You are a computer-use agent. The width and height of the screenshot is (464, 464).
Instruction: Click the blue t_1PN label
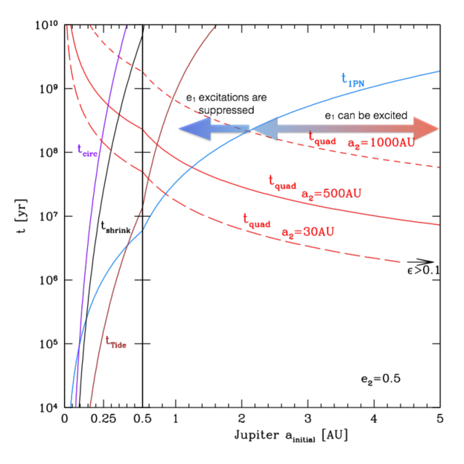(352, 80)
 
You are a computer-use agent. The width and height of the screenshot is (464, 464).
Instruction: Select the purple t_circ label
(86, 150)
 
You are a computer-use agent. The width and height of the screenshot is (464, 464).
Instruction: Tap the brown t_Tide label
(115, 342)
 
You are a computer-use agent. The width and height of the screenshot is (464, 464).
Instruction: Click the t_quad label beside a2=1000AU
(322, 139)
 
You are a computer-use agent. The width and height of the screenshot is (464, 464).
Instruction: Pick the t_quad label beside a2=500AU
(282, 182)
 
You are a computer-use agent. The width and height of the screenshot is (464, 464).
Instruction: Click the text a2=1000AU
(381, 142)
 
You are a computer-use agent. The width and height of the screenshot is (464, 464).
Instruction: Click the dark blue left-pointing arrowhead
(192, 129)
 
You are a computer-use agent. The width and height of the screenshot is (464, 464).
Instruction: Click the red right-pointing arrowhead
(426, 128)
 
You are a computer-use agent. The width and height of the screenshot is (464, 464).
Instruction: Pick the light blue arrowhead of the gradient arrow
(264, 129)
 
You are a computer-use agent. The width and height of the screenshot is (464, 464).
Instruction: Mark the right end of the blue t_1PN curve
(439, 71)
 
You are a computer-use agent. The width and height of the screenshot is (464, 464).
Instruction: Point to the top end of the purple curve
(126, 26)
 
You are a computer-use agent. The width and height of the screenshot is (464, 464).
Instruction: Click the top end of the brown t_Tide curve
(216, 26)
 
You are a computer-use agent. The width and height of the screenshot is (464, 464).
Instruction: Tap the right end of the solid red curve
(439, 224)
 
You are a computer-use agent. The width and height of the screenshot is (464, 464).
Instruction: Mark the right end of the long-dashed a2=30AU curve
(401, 262)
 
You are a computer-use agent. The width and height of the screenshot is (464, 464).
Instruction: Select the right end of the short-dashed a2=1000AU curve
(439, 167)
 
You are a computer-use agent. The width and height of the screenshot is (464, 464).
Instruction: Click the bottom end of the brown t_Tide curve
(90, 406)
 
